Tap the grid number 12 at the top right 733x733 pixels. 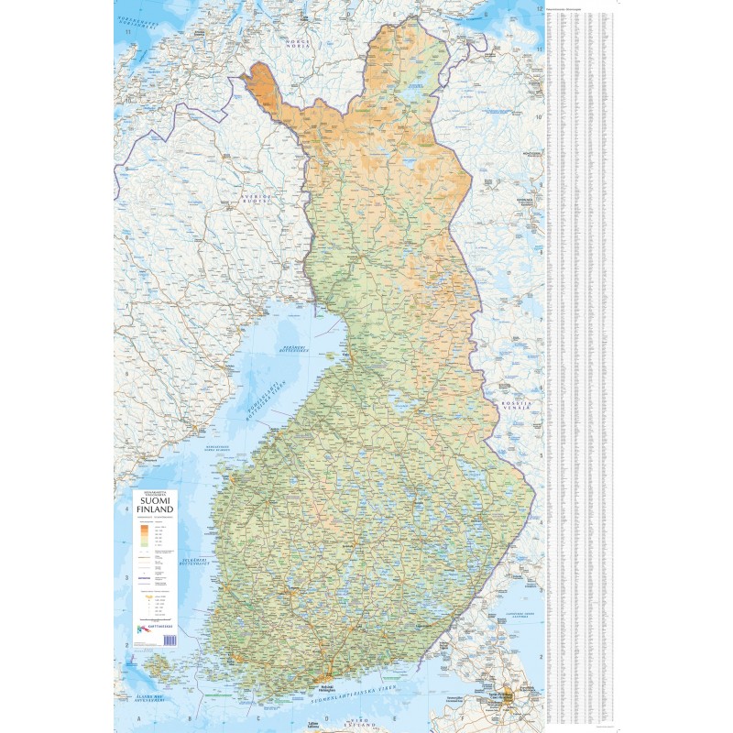540,7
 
